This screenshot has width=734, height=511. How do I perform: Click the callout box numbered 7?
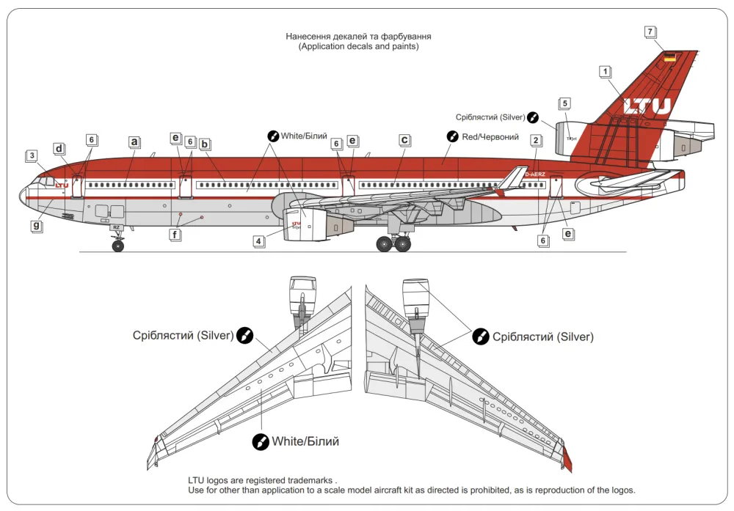(650, 32)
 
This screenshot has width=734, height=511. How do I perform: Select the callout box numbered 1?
(604, 72)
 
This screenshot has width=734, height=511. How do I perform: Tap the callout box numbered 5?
(564, 103)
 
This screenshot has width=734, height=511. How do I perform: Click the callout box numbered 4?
(258, 240)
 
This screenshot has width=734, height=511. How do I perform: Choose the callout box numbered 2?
(536, 140)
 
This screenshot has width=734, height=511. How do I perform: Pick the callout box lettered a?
(134, 141)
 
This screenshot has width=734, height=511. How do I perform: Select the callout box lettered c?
(404, 139)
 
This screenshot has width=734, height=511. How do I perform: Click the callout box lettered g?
(35, 225)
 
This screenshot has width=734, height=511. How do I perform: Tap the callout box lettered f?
(175, 235)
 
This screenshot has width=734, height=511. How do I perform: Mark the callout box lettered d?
(59, 149)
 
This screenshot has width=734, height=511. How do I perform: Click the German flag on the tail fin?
(669, 56)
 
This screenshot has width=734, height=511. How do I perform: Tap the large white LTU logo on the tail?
(647, 106)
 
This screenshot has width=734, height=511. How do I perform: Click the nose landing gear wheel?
(117, 246)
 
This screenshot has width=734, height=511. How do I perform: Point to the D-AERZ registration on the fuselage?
(534, 174)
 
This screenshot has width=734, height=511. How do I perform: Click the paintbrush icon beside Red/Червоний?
(453, 136)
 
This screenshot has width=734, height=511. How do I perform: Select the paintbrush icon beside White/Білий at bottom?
(261, 441)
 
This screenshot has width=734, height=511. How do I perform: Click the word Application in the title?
(323, 46)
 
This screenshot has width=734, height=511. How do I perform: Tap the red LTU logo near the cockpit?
(62, 185)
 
